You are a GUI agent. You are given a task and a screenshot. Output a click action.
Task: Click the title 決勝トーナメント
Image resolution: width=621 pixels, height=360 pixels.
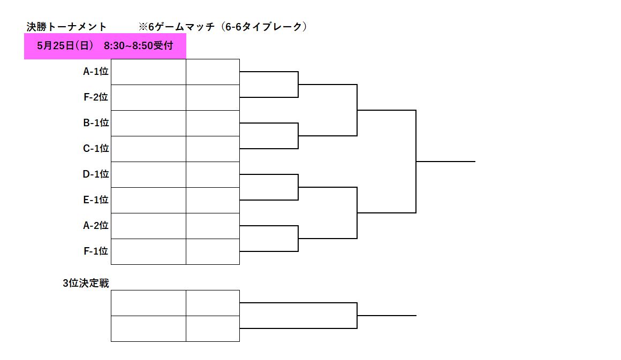[x=66, y=27]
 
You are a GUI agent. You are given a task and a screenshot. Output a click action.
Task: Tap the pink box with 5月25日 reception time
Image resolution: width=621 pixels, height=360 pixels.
[x=105, y=47]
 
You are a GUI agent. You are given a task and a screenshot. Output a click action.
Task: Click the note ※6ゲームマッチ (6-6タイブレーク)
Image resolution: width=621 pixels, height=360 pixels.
[x=223, y=27]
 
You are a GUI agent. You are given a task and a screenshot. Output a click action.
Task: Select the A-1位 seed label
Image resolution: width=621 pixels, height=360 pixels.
[x=95, y=72]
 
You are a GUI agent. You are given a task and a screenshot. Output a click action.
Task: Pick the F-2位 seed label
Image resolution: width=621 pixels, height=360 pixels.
[x=95, y=97]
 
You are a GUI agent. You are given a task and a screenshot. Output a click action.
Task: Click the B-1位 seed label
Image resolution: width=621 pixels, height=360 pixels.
[x=95, y=123]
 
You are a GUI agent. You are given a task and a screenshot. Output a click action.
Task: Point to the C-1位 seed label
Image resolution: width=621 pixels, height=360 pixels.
[x=95, y=149]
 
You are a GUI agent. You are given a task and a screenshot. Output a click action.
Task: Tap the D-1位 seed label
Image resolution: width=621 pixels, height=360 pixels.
[x=95, y=174]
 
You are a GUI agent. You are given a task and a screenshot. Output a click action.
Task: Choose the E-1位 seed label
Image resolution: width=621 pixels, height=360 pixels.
[x=95, y=200]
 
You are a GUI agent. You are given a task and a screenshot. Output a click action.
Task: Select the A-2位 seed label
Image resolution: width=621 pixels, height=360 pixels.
[x=95, y=226]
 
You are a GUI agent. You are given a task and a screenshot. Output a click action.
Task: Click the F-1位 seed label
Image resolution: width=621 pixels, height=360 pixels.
[x=95, y=251]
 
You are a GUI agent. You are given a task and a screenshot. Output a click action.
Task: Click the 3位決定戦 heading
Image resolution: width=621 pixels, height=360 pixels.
[x=86, y=284]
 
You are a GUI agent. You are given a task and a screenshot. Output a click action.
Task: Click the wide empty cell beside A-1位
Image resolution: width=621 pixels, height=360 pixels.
[x=148, y=72]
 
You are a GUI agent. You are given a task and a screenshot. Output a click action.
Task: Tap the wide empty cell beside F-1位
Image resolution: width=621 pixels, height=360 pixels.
[x=148, y=251]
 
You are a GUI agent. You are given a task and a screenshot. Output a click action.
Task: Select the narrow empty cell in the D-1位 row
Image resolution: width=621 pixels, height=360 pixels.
[x=213, y=174]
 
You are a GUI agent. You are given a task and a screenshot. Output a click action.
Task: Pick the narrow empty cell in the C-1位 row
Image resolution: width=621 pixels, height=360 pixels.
[x=213, y=149]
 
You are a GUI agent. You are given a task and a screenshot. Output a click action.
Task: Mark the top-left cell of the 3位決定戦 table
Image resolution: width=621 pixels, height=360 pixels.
[x=148, y=303]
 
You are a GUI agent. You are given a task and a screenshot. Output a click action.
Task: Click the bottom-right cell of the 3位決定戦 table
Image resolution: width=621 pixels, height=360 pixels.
[x=213, y=329]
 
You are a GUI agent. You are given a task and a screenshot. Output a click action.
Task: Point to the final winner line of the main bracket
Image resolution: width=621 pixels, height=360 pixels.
[x=445, y=162]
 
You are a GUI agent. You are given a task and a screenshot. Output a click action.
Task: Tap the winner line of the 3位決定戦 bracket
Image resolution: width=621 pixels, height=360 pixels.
[x=387, y=316]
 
